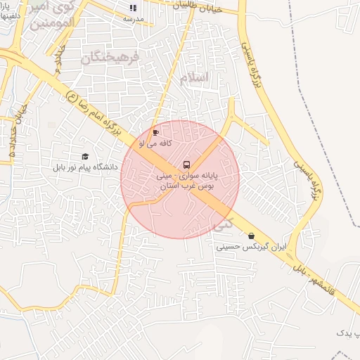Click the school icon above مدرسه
tap(131, 8)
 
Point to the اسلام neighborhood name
tap(195, 77)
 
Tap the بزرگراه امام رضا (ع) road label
tap(91, 110)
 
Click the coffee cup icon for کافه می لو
tap(155, 131)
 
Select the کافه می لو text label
tap(151, 142)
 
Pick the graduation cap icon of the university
tap(85, 156)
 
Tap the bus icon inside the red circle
tap(186, 164)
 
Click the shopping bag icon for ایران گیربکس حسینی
tap(251, 236)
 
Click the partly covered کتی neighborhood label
tap(223, 225)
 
